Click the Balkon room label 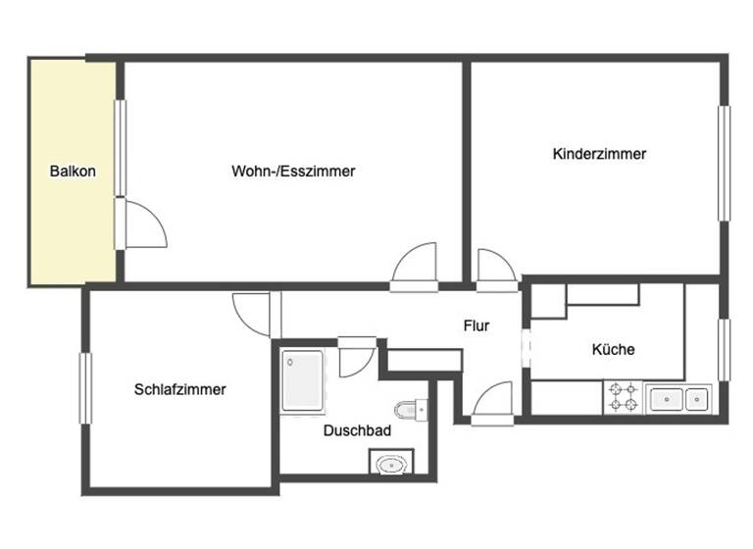[73, 172]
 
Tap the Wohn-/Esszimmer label [293, 171]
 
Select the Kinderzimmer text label [599, 154]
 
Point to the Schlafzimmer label [180, 389]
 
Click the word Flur [477, 325]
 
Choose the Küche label [613, 349]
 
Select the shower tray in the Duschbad [301, 380]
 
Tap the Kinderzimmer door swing [494, 267]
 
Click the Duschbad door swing [354, 360]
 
